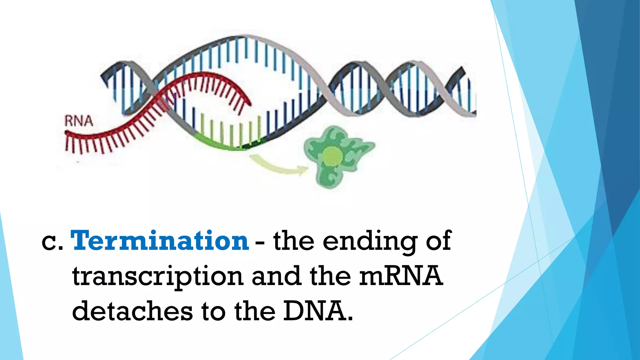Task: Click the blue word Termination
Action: pos(159,241)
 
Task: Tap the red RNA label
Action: pos(79,121)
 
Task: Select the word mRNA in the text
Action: pos(401,276)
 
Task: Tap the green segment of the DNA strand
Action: pos(219,144)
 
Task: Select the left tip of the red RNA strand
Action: pos(67,133)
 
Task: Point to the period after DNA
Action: pos(350,319)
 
